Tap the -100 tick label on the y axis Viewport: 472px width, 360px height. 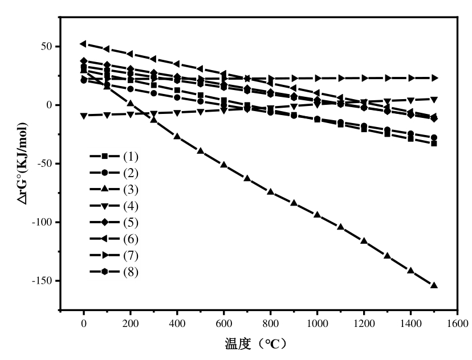43,222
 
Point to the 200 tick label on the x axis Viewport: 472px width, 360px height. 131,323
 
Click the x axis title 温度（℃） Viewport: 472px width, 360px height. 256,344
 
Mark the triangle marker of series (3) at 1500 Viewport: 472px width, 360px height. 434,285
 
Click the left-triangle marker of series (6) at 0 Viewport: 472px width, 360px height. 83,44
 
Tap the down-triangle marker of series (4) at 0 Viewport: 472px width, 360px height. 84,115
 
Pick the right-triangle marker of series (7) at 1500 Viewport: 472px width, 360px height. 434,77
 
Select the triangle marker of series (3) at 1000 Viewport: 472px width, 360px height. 317,215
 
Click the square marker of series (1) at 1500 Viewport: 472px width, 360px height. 434,144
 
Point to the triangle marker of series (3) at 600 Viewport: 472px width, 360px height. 223,165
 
